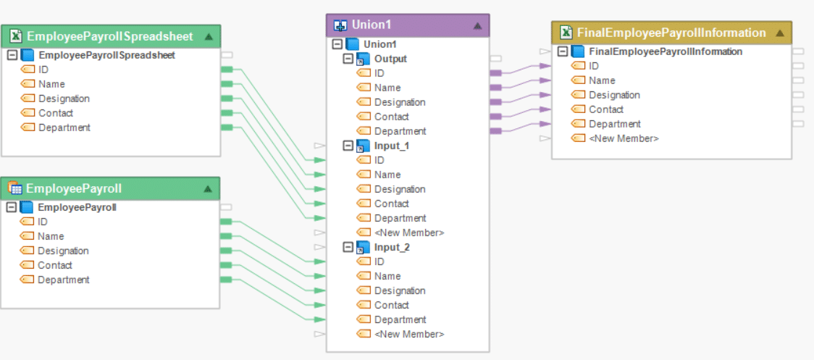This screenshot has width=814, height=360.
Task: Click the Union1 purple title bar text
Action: [372, 25]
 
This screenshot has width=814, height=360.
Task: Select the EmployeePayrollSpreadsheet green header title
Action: [109, 36]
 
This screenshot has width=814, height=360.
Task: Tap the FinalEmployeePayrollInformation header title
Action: [671, 33]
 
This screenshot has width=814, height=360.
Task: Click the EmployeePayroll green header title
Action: [74, 188]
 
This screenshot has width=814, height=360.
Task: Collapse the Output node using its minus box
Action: [348, 59]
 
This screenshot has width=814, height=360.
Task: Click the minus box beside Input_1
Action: [348, 146]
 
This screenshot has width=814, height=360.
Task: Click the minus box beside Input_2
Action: [348, 247]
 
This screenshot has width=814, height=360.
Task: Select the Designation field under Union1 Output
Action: [400, 102]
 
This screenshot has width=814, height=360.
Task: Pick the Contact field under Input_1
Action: [391, 204]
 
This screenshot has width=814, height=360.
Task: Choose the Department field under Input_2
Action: [400, 319]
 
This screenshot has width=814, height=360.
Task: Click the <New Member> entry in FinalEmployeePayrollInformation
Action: [624, 138]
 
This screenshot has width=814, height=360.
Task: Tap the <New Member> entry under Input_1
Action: [409, 233]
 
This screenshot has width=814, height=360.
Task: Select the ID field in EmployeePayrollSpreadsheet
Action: [43, 70]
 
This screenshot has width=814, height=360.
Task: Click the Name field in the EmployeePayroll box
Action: [51, 236]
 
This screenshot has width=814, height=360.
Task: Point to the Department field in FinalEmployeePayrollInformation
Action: [614, 124]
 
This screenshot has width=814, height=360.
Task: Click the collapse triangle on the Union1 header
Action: [477, 25]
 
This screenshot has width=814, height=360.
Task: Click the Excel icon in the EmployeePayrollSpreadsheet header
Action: [15, 36]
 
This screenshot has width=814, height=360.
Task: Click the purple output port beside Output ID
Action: [496, 73]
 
